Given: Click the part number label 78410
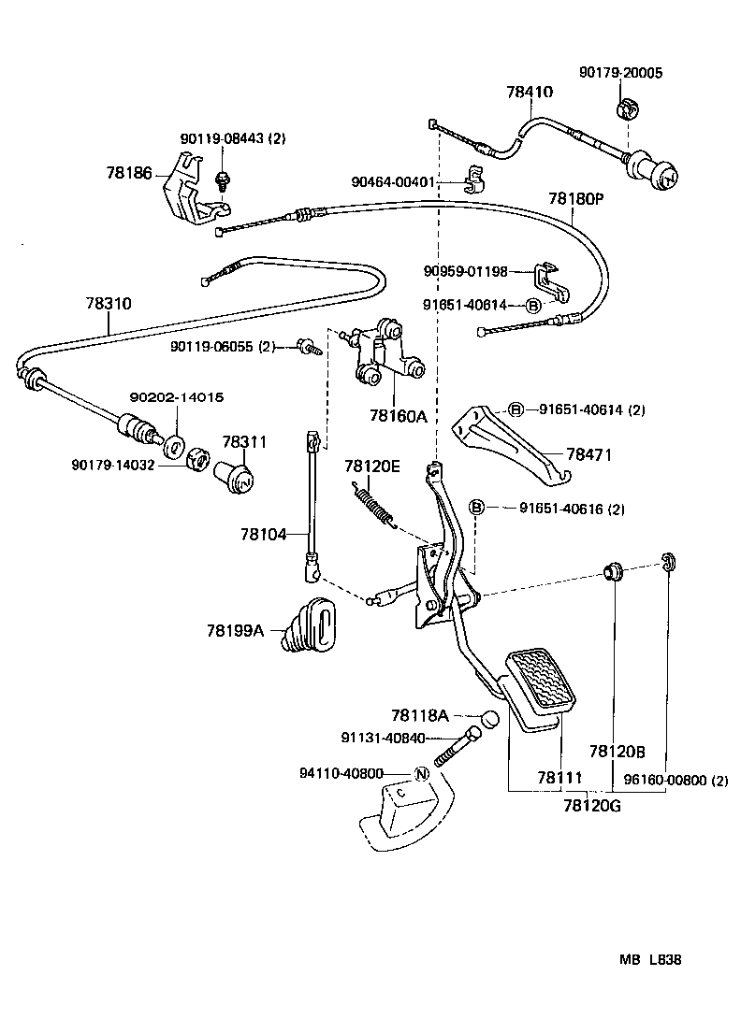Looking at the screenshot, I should coord(530,92).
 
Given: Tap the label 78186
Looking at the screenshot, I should coord(128,173).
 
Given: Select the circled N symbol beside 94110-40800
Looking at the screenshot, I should coord(421,773).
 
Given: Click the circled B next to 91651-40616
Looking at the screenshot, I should coord(476,508).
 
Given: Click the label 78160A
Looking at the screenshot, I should coord(397,416).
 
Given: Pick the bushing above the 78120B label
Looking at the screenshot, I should coord(614,569).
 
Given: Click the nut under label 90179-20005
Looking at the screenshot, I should coord(627,110).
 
